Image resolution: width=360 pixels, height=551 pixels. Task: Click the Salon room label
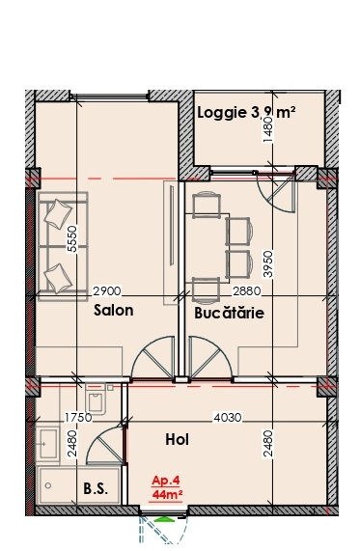click(x=113, y=311)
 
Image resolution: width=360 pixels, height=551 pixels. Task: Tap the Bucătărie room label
click(x=229, y=313)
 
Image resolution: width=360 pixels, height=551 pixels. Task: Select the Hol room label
click(x=178, y=439)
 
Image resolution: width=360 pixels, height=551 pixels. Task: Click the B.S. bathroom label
click(x=96, y=489)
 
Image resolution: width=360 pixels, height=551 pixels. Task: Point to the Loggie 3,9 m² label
click(x=246, y=113)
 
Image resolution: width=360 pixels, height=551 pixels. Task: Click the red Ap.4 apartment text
click(x=166, y=480)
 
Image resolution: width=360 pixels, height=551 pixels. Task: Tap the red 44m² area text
click(x=167, y=495)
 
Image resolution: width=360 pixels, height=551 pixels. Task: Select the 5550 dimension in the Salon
click(x=72, y=238)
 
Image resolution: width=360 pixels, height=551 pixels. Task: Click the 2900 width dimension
click(x=106, y=291)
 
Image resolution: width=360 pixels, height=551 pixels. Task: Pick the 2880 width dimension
click(x=247, y=291)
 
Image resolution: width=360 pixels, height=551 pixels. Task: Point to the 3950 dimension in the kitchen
click(x=268, y=263)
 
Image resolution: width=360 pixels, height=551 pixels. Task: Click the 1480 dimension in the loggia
click(x=268, y=129)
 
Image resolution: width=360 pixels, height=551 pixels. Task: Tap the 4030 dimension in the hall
click(x=228, y=418)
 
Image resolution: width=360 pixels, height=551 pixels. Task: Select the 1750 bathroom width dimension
click(x=78, y=418)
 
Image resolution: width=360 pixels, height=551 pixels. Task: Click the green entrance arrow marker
click(x=162, y=519)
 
